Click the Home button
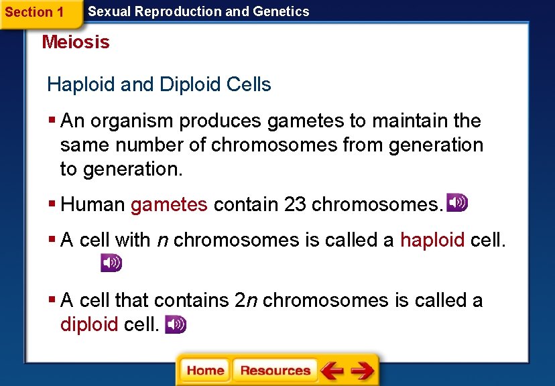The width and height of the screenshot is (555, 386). (x=205, y=371)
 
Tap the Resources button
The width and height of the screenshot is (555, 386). (x=275, y=371)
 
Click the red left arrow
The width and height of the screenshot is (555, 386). (x=332, y=371)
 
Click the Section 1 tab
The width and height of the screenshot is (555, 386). (x=34, y=12)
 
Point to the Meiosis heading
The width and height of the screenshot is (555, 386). (x=76, y=42)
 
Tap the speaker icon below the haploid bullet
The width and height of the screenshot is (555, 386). (x=111, y=263)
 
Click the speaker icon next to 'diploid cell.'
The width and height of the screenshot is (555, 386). (x=176, y=324)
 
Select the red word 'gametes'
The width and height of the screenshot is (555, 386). (x=169, y=205)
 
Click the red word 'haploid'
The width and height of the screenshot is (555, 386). (x=432, y=240)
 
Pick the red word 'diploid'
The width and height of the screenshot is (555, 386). (x=89, y=325)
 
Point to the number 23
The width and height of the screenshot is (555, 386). (x=295, y=205)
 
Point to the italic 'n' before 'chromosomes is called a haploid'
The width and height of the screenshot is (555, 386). (x=162, y=241)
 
